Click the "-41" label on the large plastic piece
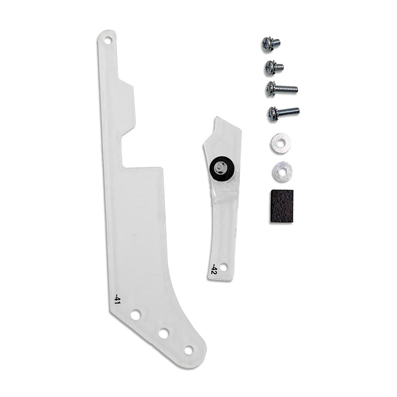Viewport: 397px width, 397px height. pos(118,299)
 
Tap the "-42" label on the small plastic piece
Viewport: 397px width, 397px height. pos(214,269)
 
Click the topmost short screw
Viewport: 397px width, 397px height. pos(270,44)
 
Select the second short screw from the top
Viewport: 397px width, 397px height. pos(274,67)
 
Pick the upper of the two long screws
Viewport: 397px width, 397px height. pos(281,89)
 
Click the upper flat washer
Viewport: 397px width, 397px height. pos(280,144)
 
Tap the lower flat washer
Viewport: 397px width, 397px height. pos(282,171)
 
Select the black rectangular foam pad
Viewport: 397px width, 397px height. pos(281,206)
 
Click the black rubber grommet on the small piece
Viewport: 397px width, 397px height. pos(222,168)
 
